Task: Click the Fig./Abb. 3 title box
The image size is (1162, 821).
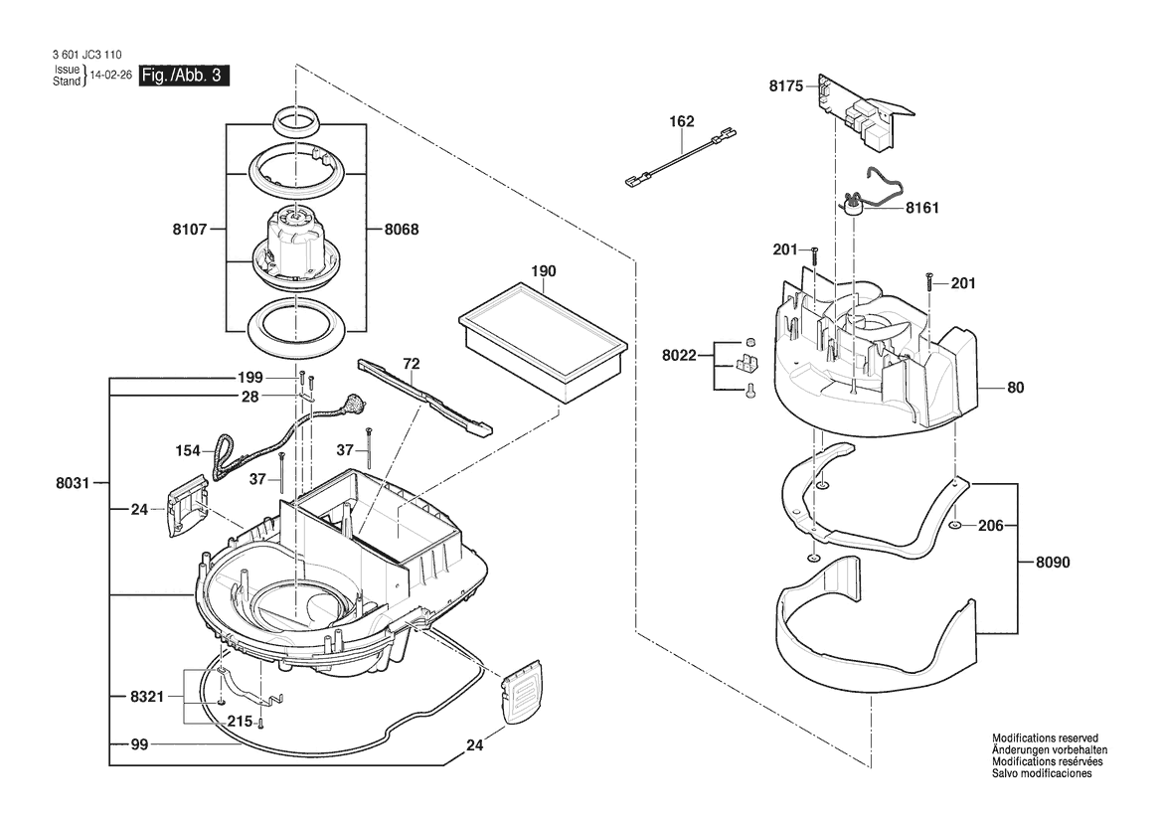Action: (184, 76)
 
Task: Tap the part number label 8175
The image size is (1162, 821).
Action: (785, 86)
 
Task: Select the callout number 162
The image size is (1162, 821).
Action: (682, 121)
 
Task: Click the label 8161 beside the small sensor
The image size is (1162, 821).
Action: (921, 208)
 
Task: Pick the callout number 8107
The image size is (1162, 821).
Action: (190, 230)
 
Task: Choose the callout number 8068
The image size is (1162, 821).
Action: (402, 230)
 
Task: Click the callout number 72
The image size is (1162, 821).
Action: (412, 364)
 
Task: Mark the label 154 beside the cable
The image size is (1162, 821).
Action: (188, 451)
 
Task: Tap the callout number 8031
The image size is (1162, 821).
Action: (73, 483)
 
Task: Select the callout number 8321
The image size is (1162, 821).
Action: (147, 698)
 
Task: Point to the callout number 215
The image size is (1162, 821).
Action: (241, 721)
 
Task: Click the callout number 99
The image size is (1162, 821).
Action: (139, 744)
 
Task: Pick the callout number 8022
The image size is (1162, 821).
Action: (679, 356)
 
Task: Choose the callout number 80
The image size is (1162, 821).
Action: (1015, 388)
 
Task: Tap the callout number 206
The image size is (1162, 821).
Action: (991, 526)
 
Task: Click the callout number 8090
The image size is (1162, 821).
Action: (1053, 563)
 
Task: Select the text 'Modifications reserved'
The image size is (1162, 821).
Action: (1045, 739)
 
